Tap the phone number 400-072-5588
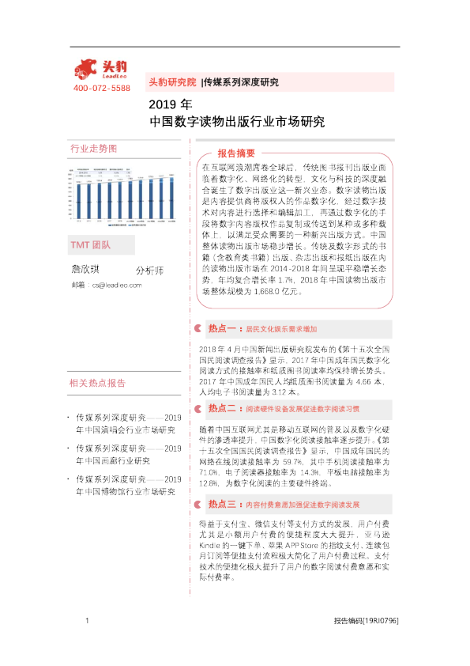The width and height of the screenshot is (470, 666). [x=101, y=88]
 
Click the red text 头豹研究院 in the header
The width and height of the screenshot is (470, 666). [x=172, y=81]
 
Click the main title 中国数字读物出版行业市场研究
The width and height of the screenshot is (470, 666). [x=237, y=122]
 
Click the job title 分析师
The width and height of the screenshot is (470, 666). [x=149, y=271]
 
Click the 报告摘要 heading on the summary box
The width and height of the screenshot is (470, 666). [x=236, y=153]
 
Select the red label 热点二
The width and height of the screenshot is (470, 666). [x=224, y=409]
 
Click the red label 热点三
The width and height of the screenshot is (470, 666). [x=224, y=503]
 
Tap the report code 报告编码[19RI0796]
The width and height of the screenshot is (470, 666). [x=366, y=642]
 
